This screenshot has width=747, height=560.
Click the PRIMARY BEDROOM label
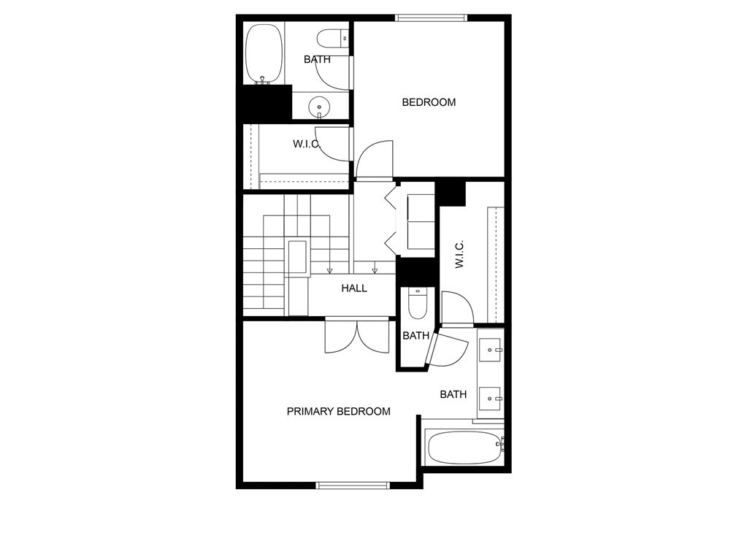coord(338,412)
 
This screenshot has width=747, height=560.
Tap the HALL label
coord(354,288)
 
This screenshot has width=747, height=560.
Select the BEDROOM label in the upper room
coord(429,102)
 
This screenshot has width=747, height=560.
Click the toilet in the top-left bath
coord(333,39)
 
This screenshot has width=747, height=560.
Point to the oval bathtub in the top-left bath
coord(264,54)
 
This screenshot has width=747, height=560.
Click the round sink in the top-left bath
coord(318,107)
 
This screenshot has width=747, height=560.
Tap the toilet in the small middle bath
coord(418,303)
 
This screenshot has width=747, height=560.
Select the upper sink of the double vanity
coord(490,350)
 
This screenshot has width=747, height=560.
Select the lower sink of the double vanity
coord(490,399)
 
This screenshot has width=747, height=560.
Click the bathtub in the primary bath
coord(464,448)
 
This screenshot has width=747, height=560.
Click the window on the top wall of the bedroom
coord(431,18)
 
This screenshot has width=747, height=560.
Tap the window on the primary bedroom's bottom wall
coord(353,486)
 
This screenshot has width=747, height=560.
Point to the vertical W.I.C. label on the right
coord(459,254)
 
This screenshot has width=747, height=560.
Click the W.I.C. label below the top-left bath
coord(307,144)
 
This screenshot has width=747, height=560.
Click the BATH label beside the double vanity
coord(453,394)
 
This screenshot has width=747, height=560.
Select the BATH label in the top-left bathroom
coord(317,60)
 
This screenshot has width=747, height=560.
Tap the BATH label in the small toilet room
coord(416,336)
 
